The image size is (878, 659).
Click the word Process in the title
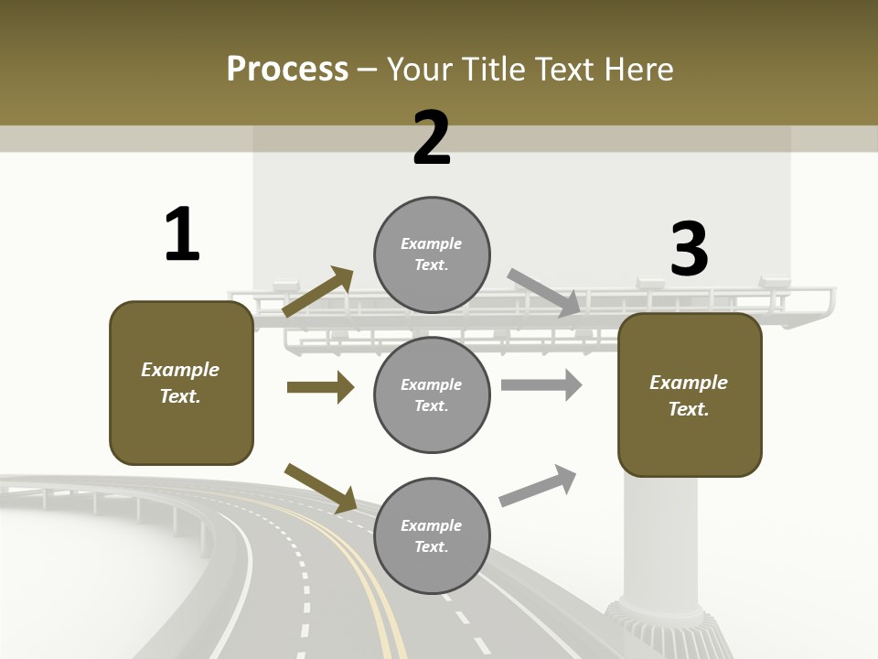[x=287, y=70]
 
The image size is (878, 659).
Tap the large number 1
[x=182, y=234]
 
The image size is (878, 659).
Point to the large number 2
[x=432, y=138]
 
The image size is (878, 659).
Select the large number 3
[x=689, y=249]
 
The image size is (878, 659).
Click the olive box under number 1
[x=181, y=383]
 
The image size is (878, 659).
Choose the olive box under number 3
[x=690, y=395]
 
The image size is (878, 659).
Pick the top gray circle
[x=432, y=254]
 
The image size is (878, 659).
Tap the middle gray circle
[x=432, y=394]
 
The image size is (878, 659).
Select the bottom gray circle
[x=432, y=535]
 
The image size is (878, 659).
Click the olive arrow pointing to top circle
[x=317, y=292]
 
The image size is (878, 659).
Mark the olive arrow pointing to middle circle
[x=320, y=387]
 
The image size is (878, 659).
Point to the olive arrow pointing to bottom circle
[x=320, y=488]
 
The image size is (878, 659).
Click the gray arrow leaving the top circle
[x=543, y=292]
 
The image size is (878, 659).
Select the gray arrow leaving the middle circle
[x=541, y=384]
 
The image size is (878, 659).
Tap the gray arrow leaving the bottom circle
[x=538, y=486]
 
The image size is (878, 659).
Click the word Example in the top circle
[x=432, y=243]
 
